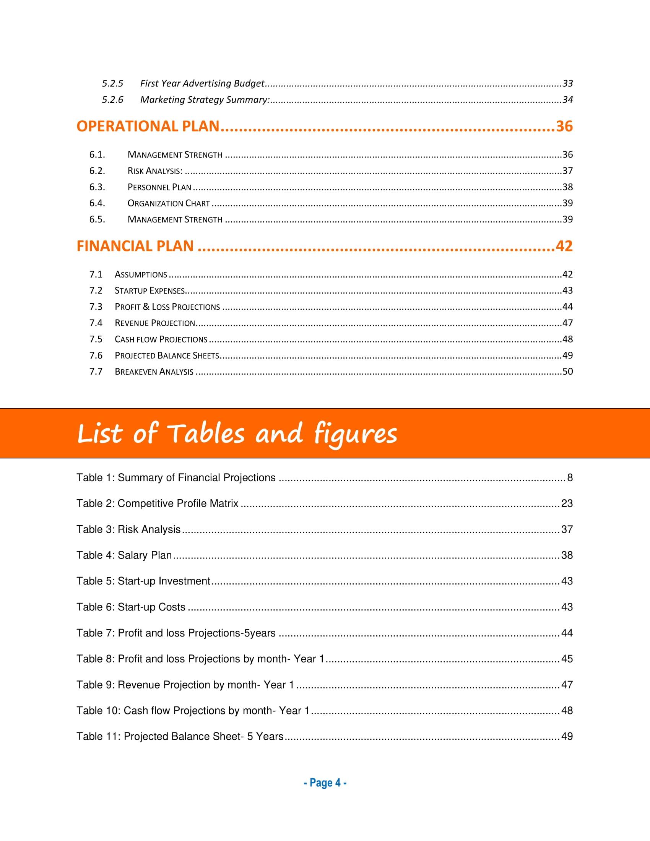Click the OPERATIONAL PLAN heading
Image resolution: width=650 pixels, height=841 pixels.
(x=148, y=126)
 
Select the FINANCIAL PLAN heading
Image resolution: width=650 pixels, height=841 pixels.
(x=135, y=246)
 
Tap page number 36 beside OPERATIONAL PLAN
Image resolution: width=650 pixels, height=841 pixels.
(x=564, y=126)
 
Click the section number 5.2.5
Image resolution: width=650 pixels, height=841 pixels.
(x=112, y=84)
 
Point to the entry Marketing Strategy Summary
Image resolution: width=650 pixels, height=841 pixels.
(x=205, y=100)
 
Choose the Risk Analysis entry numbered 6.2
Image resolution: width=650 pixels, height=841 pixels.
(x=155, y=171)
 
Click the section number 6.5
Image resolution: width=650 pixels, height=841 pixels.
(x=97, y=219)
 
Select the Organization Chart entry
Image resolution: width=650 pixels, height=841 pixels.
(x=169, y=203)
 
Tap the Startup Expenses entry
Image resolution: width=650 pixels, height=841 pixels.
(x=150, y=291)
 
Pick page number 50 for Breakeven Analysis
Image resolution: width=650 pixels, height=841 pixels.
(x=567, y=372)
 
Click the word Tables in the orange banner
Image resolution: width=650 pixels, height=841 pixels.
(x=206, y=433)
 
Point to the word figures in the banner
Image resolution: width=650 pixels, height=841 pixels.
(x=355, y=434)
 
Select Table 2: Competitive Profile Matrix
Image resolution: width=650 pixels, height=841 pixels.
(x=157, y=504)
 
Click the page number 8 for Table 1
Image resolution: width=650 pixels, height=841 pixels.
(x=570, y=478)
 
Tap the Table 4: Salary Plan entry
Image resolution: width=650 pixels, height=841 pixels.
(x=124, y=555)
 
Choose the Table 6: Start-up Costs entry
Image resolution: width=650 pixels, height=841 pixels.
(x=131, y=607)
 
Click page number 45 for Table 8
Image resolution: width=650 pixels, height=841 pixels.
(x=567, y=659)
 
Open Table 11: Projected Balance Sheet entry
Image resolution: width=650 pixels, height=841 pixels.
(x=180, y=737)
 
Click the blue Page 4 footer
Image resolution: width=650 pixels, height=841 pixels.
(x=325, y=783)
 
